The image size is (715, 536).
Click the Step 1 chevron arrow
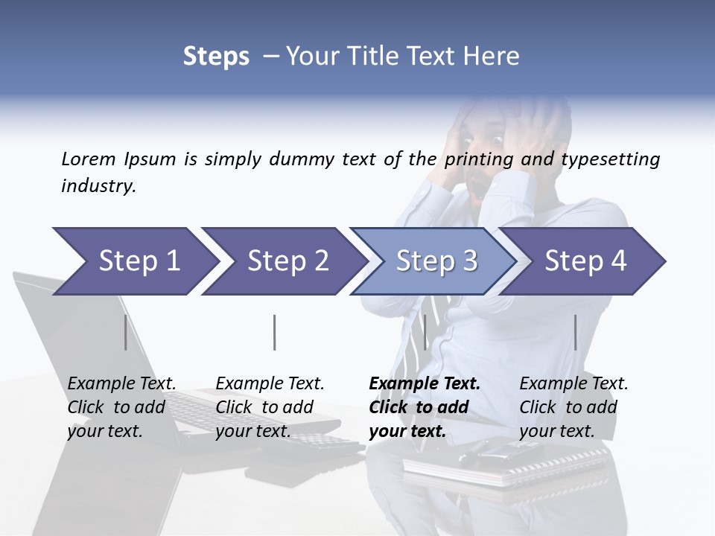click(x=134, y=261)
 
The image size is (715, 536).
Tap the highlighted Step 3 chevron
click(x=435, y=261)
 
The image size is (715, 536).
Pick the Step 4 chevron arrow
click(x=584, y=261)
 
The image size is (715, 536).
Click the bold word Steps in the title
click(x=216, y=57)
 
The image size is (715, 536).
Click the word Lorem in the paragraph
click(x=88, y=159)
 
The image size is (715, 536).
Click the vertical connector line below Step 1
click(x=125, y=332)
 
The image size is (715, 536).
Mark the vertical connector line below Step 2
click(x=275, y=332)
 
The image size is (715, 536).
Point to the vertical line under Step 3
click(x=425, y=332)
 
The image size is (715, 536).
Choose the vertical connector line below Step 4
click(x=575, y=332)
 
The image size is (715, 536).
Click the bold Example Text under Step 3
click(x=425, y=383)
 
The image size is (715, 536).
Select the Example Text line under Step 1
click(x=122, y=383)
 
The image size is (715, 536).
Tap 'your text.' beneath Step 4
click(x=556, y=431)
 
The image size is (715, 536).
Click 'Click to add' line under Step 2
click(x=264, y=407)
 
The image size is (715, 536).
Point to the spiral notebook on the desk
click(x=506, y=465)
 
